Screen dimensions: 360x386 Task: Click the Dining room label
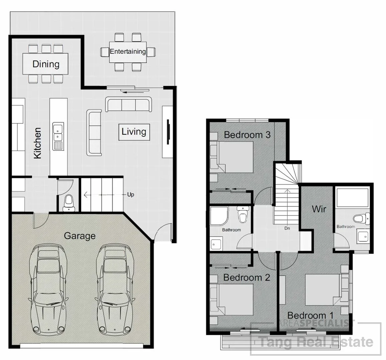coord(46,64)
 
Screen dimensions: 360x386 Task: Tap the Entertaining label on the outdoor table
coord(128,51)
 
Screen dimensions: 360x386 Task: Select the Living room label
coord(134,131)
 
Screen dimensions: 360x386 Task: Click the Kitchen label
coord(37,143)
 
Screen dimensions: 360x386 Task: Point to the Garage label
coord(79,236)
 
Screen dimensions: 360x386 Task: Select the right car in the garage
coord(113,289)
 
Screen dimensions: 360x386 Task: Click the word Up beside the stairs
coord(130,194)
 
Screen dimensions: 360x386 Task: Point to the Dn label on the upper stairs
coord(287,229)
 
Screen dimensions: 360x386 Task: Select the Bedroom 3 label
coord(247,135)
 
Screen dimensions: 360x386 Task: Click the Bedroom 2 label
coord(246,277)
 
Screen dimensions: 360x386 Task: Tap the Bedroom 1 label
coord(310,315)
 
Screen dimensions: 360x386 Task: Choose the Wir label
coord(319,209)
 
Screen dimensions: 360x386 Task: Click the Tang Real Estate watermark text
coord(316,342)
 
